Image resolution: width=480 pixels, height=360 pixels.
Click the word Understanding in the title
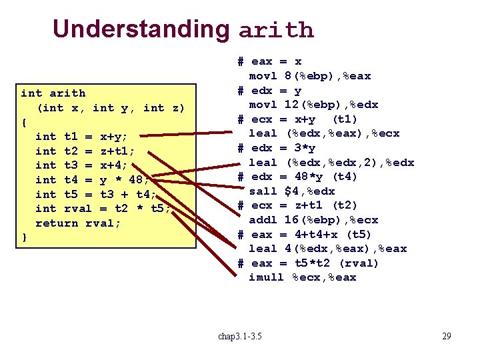coord(141,29)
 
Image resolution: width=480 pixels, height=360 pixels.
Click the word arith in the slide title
coord(275,30)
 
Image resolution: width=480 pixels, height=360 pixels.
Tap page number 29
coord(446,336)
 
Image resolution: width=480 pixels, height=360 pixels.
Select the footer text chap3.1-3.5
coord(240,336)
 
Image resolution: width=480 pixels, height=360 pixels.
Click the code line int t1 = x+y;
coord(81,137)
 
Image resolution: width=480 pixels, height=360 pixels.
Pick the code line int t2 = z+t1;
coord(85,151)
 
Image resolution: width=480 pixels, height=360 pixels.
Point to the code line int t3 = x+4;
coord(81,165)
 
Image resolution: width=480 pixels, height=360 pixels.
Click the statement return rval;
coord(78,223)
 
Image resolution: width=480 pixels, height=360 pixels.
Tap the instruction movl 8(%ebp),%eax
coord(309,76)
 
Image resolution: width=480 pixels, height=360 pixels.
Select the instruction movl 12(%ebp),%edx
coord(313,105)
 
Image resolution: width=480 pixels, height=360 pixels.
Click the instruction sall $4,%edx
coord(292,191)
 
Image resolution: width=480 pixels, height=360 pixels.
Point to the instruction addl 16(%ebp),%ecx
coord(313,219)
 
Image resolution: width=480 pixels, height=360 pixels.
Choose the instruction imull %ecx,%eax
coord(302,277)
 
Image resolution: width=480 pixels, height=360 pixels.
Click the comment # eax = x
coord(270,61)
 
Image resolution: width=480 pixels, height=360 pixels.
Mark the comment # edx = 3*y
coord(277,147)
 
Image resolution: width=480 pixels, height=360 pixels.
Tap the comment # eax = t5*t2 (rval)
coord(308,263)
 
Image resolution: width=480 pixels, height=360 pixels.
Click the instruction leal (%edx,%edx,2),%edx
coord(331,162)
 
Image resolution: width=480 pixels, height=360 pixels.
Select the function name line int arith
coord(53,93)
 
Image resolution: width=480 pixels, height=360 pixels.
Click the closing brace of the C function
coord(25,237)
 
